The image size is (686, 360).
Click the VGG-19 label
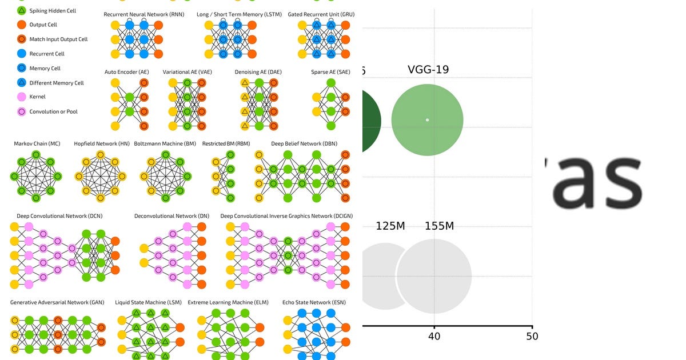428,70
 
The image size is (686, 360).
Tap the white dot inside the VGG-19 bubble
427,120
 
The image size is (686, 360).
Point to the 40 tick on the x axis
434,336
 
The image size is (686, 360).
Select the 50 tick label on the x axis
532,336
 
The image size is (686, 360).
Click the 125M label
390,226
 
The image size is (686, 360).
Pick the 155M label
439,226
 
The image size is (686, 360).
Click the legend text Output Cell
43,25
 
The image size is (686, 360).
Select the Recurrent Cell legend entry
47,54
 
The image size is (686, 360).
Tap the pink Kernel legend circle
21,97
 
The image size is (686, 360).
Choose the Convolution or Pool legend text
54,111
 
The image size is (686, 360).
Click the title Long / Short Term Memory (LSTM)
239,14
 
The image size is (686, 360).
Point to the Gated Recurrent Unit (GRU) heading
319,14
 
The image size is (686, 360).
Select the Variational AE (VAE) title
187,72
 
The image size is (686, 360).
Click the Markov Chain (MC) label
37,143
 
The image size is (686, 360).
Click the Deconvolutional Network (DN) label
172,216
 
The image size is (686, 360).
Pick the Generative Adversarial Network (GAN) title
57,302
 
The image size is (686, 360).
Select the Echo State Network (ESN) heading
314,302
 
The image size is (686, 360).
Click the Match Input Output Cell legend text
58,39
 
